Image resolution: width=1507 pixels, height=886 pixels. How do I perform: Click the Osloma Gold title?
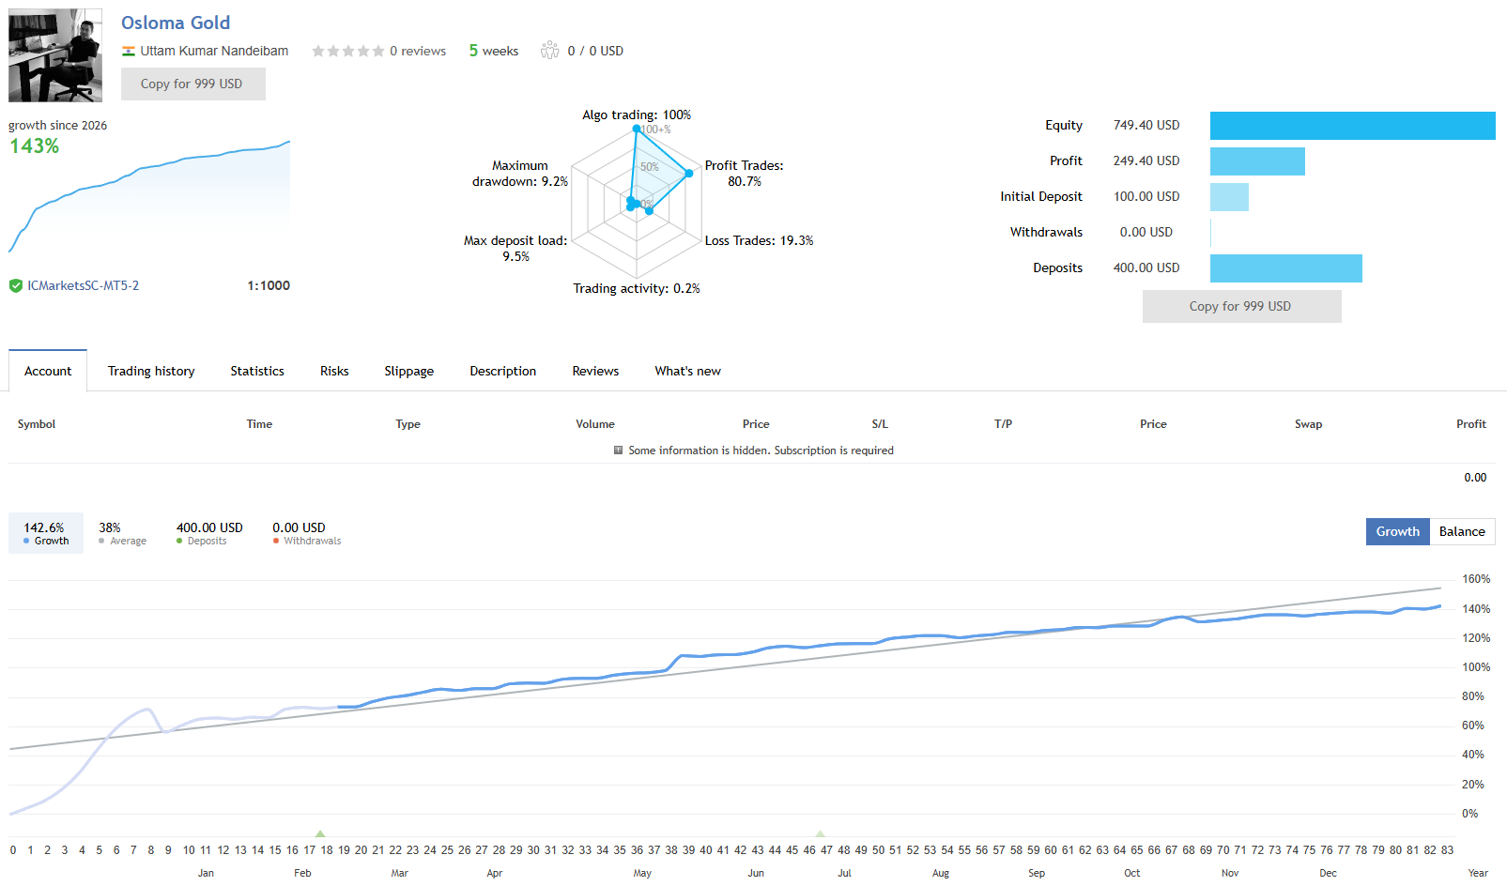click(176, 23)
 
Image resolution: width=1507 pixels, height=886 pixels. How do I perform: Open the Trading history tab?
click(151, 371)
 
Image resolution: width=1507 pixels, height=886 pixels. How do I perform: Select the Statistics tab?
click(257, 371)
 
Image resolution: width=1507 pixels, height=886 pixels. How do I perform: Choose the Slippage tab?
click(409, 371)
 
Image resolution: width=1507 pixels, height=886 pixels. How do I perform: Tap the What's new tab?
click(687, 371)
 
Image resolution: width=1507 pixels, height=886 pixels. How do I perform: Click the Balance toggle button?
click(1462, 531)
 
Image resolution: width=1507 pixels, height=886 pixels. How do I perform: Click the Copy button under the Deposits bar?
click(1241, 306)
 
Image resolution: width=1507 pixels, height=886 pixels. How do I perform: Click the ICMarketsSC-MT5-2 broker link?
click(83, 285)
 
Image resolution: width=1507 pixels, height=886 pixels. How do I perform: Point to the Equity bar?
click(1352, 126)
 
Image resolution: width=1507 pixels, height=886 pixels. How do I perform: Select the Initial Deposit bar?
click(1229, 197)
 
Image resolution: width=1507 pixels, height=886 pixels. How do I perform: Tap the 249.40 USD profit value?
click(1146, 160)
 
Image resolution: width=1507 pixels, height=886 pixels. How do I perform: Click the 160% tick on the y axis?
click(1475, 578)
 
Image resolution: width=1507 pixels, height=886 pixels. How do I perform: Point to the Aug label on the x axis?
click(941, 873)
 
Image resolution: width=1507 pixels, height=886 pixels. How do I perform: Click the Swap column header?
click(1309, 424)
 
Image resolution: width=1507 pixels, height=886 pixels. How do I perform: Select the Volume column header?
click(594, 424)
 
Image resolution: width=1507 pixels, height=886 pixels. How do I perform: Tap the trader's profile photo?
click(55, 55)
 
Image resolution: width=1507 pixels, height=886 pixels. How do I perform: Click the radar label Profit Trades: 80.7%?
click(744, 173)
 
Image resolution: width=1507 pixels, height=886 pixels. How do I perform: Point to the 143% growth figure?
click(35, 146)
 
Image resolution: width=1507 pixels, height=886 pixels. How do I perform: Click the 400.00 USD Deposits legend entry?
click(209, 533)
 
